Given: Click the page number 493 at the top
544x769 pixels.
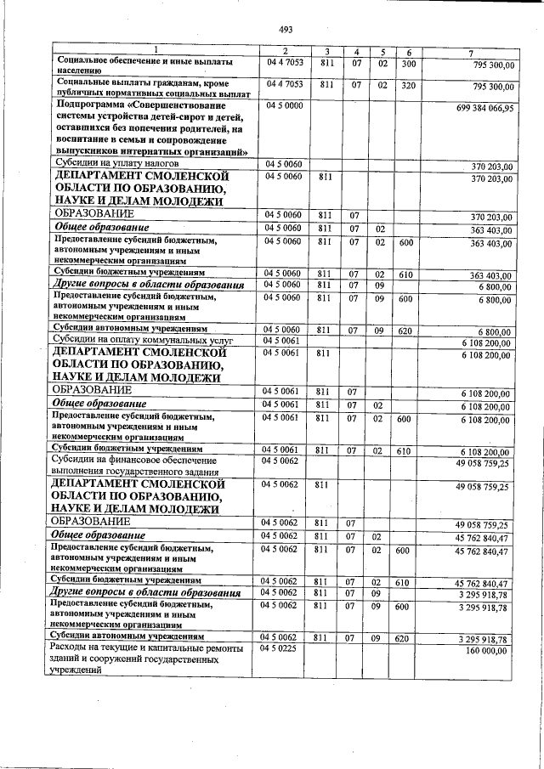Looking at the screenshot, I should pyautogui.click(x=285, y=30).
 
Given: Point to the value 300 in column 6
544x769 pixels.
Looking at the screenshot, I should pyautogui.click(x=408, y=64).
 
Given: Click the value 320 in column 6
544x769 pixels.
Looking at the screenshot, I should pyautogui.click(x=408, y=86).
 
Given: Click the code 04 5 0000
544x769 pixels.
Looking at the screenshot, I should pyautogui.click(x=285, y=105).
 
